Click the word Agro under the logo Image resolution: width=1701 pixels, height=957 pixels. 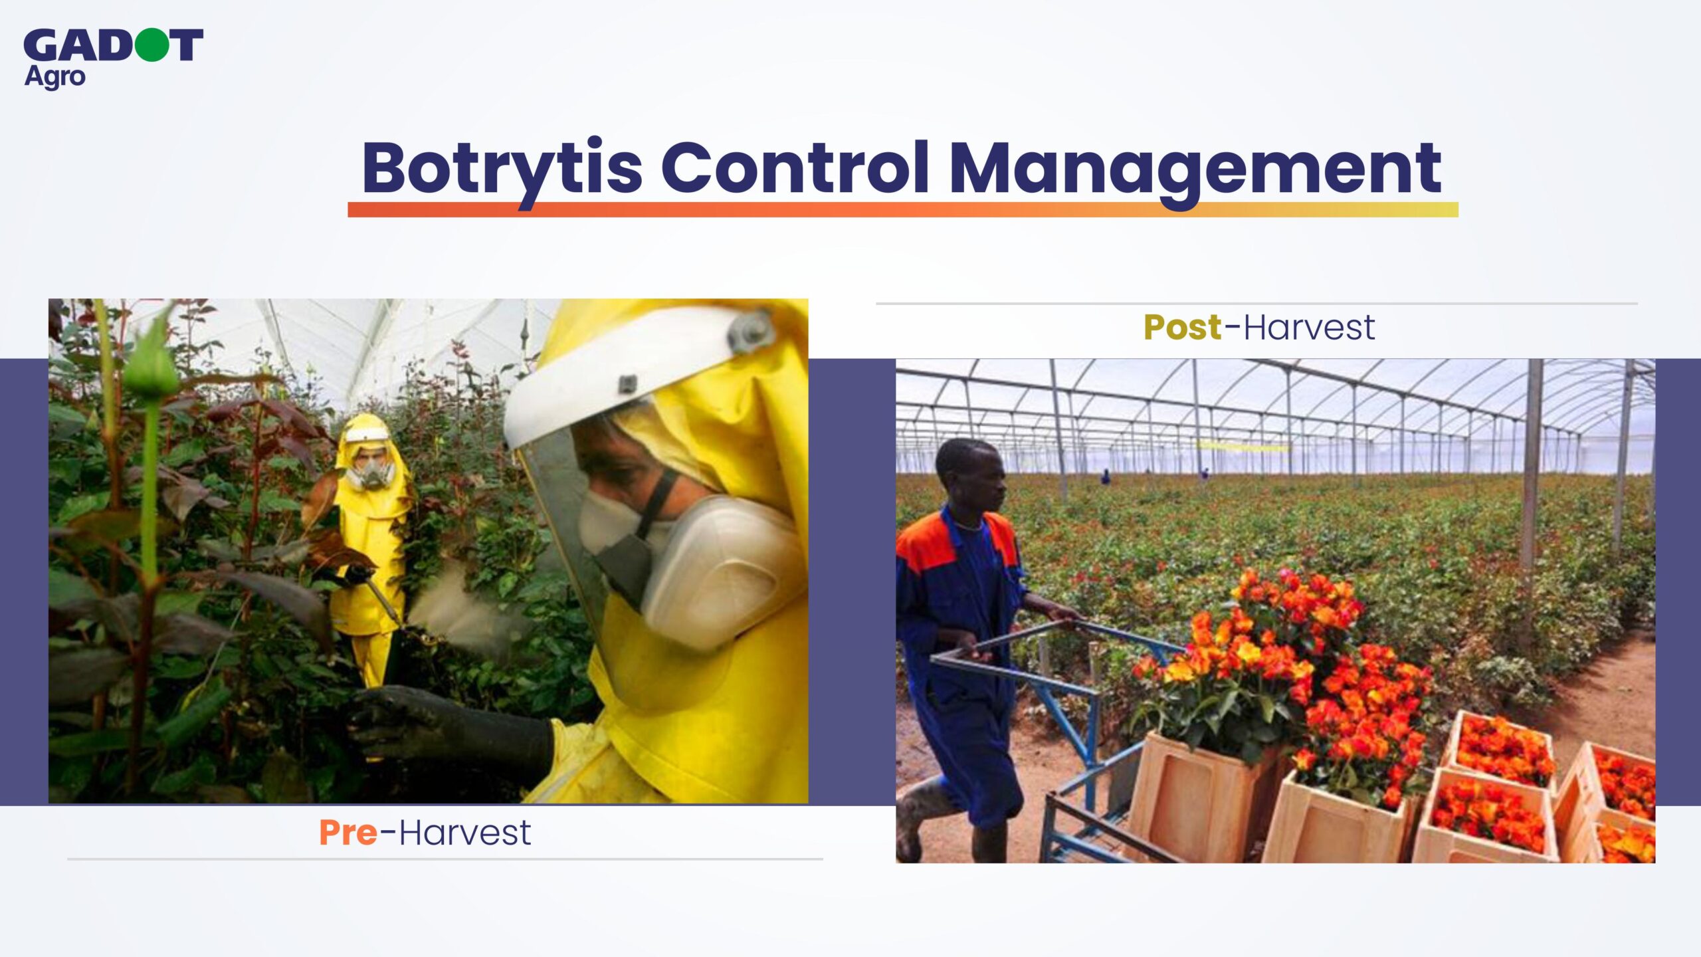pyautogui.click(x=55, y=77)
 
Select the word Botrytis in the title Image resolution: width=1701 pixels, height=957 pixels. pyautogui.click(x=502, y=169)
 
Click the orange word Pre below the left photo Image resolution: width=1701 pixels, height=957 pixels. pyautogui.click(x=348, y=833)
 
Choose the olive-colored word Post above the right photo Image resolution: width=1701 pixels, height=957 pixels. pyautogui.click(x=1183, y=327)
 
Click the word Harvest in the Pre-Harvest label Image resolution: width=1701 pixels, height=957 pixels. pyautogui.click(x=465, y=833)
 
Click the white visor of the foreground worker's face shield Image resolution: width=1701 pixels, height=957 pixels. pyautogui.click(x=638, y=375)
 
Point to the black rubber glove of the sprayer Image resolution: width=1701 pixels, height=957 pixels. pyautogui.click(x=452, y=731)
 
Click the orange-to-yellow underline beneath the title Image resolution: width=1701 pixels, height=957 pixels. pyautogui.click(x=903, y=210)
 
